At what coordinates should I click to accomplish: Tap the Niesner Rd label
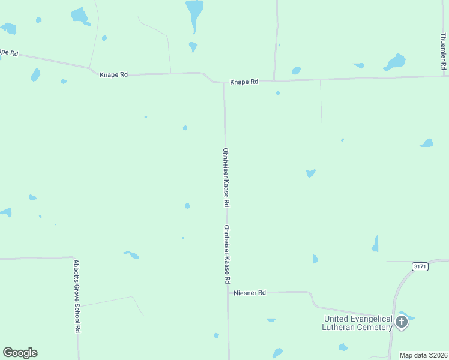[x=249, y=293]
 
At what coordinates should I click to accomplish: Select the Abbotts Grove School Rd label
[x=77, y=296]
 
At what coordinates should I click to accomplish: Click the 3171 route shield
[x=420, y=266]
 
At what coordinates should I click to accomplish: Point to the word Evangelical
[x=366, y=319]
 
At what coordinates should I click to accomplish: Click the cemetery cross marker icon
[x=401, y=323]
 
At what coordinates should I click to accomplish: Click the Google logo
[x=20, y=353]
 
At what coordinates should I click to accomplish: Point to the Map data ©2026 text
[x=424, y=355]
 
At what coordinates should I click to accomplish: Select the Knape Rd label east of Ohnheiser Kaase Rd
[x=244, y=82]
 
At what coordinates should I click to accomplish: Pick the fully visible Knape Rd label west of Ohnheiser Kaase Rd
[x=114, y=74]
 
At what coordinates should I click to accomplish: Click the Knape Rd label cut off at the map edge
[x=8, y=53]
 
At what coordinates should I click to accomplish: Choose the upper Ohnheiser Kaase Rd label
[x=227, y=178]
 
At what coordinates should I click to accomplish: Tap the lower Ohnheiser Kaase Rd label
[x=227, y=254]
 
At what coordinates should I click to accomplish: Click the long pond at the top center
[x=194, y=13]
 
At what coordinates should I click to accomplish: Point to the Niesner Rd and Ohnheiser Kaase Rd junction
[x=228, y=293]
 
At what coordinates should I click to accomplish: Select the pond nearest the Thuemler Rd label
[x=396, y=62]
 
